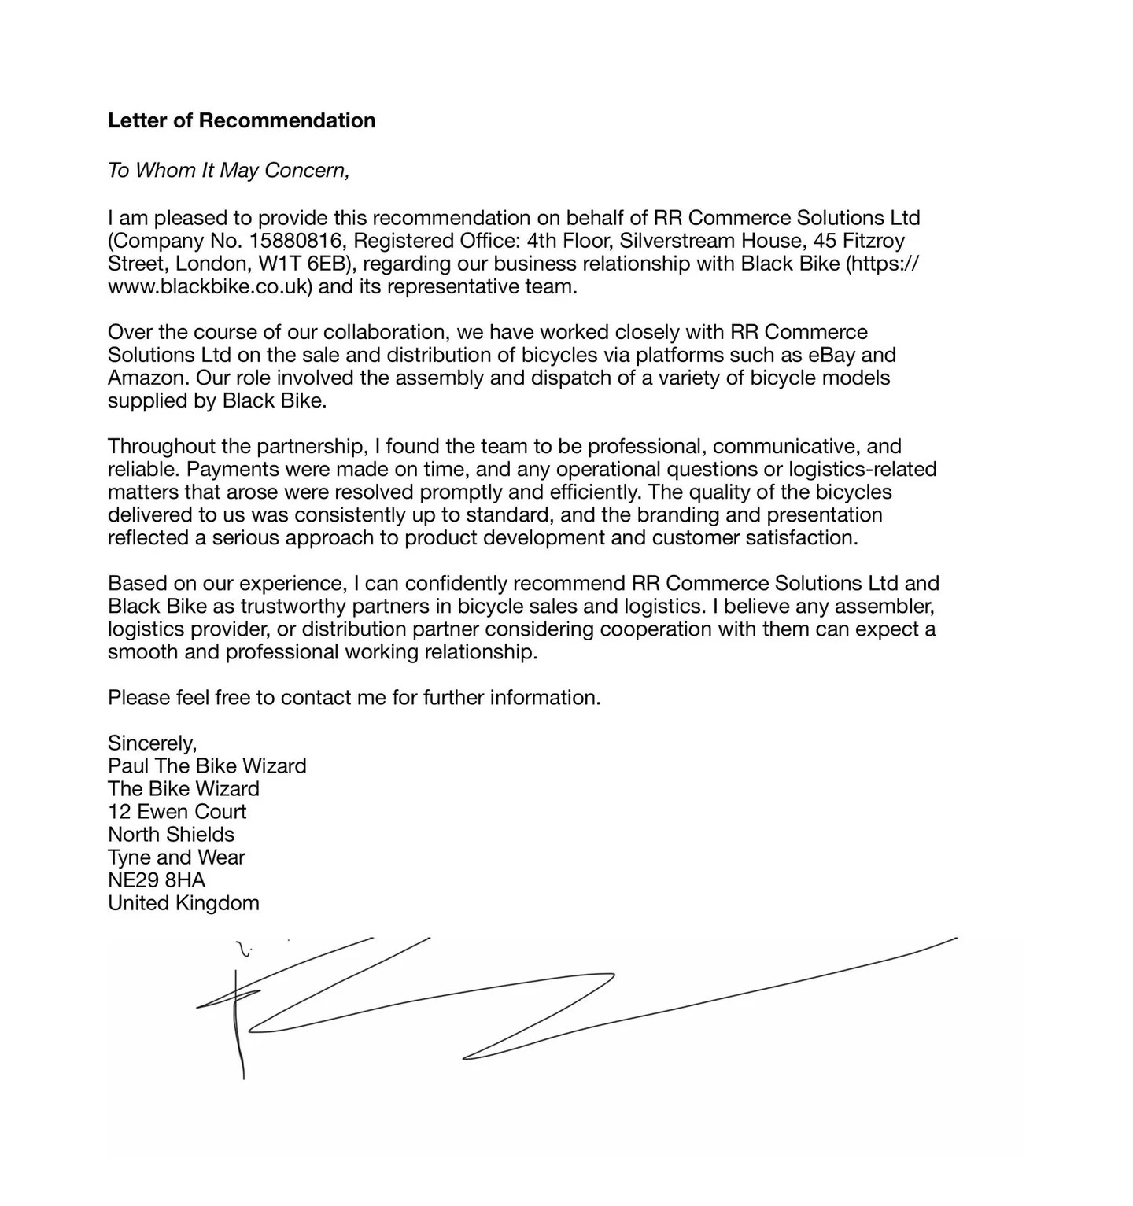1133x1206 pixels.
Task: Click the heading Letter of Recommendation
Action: click(241, 120)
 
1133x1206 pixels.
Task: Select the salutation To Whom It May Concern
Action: click(228, 170)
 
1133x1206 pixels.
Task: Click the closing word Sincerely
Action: click(152, 743)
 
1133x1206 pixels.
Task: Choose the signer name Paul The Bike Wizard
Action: click(207, 766)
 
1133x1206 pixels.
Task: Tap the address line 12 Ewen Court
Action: click(177, 812)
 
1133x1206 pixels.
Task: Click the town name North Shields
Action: click(171, 835)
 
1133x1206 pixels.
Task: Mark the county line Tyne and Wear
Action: click(176, 857)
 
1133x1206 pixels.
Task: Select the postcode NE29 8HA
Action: click(157, 880)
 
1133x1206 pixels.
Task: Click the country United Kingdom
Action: click(183, 903)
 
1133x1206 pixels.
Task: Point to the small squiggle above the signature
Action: click(244, 950)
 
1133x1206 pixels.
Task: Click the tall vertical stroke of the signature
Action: click(238, 1023)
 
